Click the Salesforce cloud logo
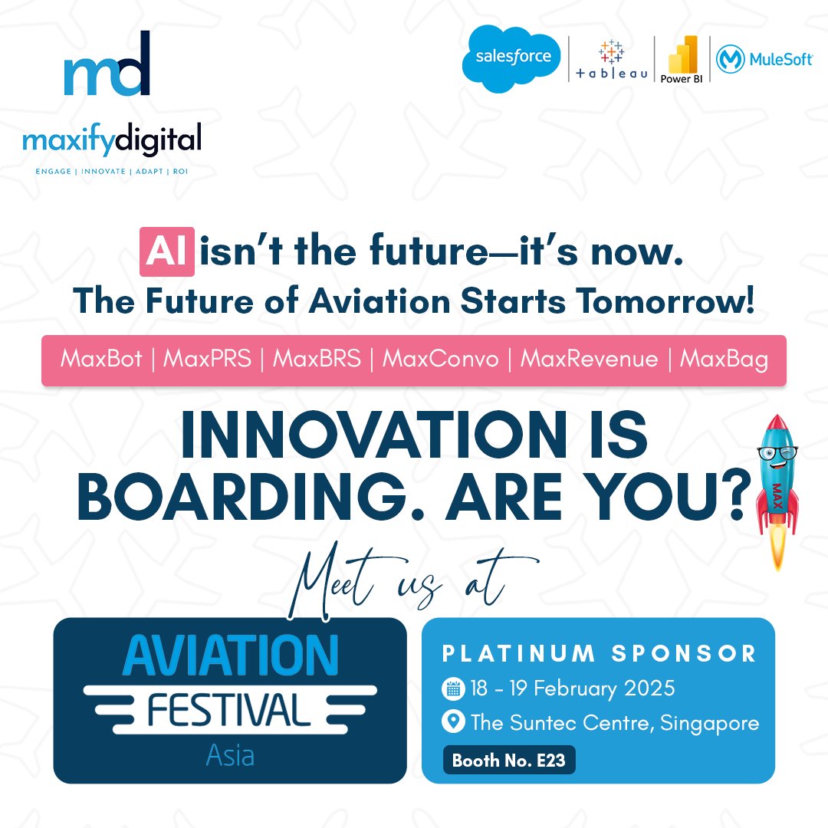click(x=511, y=58)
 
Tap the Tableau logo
click(x=611, y=61)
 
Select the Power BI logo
click(x=682, y=58)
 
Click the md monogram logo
click(x=107, y=66)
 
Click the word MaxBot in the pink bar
click(x=100, y=359)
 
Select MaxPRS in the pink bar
click(x=206, y=359)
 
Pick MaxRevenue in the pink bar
click(x=590, y=359)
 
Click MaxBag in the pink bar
click(x=724, y=359)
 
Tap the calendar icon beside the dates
click(x=453, y=688)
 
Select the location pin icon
click(x=453, y=722)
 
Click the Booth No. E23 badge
click(x=508, y=761)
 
